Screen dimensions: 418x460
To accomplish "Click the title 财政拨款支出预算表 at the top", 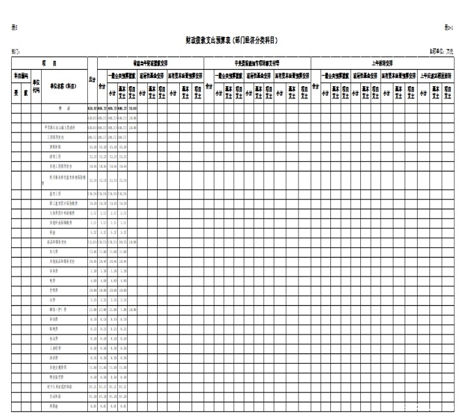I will [232, 40].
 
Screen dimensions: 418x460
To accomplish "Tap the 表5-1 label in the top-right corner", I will [448, 26].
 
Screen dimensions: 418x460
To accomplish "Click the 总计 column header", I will [92, 82].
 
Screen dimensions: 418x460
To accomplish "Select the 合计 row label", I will [64, 106].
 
